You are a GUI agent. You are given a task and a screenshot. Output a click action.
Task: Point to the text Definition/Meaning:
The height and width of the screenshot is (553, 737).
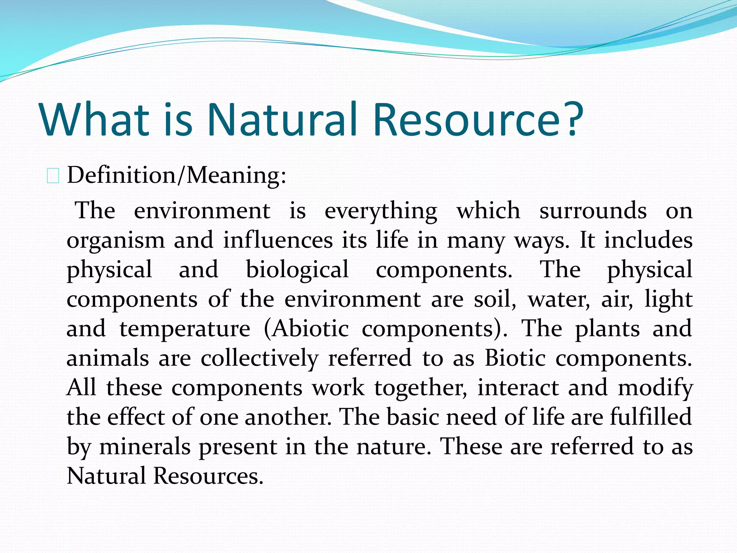pyautogui.click(x=176, y=175)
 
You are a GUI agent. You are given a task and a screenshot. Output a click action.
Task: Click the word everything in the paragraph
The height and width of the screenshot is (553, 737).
pyautogui.click(x=381, y=211)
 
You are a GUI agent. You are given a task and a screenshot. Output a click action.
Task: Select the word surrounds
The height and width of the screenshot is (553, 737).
pyautogui.click(x=593, y=211)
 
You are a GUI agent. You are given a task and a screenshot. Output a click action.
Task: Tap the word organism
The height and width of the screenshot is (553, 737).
pyautogui.click(x=116, y=241)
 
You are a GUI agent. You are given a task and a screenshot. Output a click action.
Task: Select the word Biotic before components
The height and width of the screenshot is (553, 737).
pyautogui.click(x=515, y=359)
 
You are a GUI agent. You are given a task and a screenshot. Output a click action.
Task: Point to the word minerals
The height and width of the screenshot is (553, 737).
pyautogui.click(x=145, y=447)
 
